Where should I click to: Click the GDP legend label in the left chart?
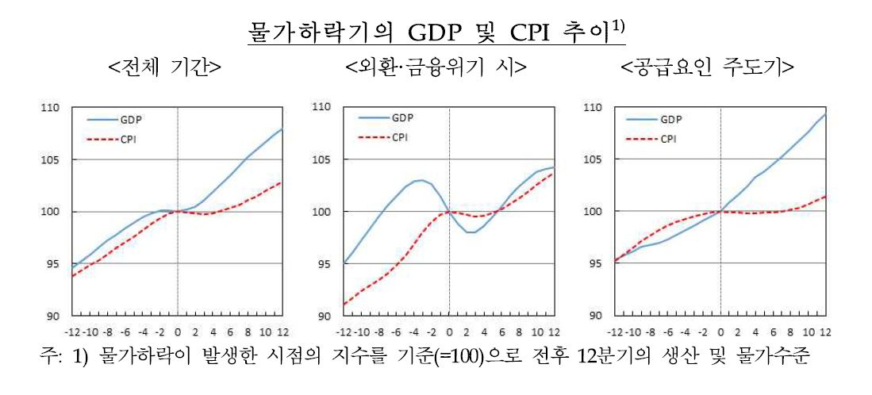129,119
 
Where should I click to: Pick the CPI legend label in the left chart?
128,138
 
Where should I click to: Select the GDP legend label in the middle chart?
401,117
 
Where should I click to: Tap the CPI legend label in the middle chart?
399,138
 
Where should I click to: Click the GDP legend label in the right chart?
671,119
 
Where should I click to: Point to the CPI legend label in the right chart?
669,139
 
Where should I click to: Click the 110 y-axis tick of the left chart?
56,109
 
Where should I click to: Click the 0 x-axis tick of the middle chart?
449,333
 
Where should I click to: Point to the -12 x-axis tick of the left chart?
74,333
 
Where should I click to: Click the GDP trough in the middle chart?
471,232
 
